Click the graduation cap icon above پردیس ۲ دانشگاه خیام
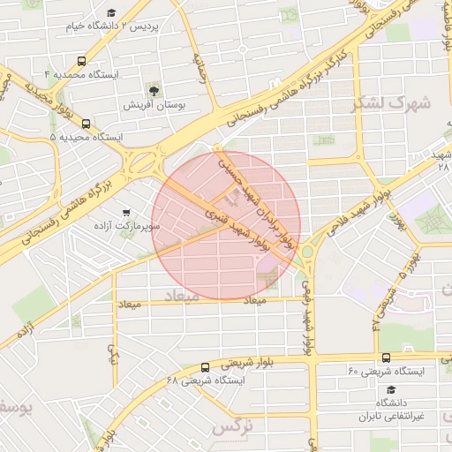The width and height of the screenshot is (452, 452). (111, 12)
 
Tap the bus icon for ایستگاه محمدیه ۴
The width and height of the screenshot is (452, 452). (82, 62)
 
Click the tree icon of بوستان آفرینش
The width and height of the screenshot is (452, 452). (154, 91)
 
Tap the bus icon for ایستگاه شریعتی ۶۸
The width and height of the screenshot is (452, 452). (205, 367)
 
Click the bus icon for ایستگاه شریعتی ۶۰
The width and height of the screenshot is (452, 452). (387, 357)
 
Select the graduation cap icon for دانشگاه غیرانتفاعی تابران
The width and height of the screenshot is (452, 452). (391, 389)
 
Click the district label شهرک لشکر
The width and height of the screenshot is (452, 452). (389, 102)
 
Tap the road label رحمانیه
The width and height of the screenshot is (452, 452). (200, 66)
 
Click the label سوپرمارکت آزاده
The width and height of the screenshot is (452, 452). (129, 226)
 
